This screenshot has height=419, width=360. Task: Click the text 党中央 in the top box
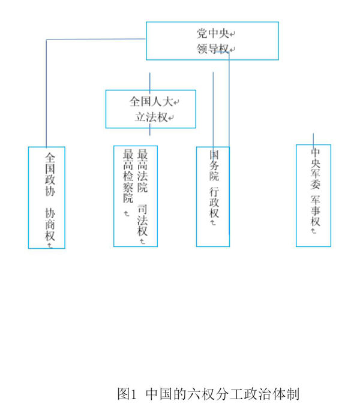coord(208,34)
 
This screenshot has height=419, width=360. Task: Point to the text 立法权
coord(149,117)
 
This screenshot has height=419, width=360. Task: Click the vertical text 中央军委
coord(316,168)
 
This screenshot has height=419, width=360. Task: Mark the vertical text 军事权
coord(316,213)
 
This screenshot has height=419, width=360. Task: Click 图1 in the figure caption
coord(128,394)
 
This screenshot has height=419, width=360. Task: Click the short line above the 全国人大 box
coord(150,81)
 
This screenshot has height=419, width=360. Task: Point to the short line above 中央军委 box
coord(313,138)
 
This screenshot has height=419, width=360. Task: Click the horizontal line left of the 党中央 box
coord(96,40)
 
